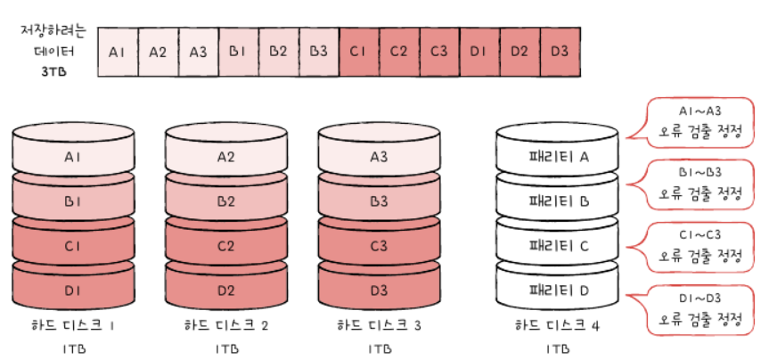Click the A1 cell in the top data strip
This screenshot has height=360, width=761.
pos(117,51)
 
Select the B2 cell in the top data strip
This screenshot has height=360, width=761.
pos(278,51)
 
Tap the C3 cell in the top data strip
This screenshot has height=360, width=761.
pos(438,51)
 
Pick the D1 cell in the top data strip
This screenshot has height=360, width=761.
pos(479,51)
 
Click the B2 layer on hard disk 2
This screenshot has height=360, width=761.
pos(225,201)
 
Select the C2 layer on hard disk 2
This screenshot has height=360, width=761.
pos(225,245)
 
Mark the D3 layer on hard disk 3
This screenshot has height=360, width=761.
pos(379,290)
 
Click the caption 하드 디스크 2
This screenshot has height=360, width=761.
pos(225,325)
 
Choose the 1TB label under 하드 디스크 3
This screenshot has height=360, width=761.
pos(379,348)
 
